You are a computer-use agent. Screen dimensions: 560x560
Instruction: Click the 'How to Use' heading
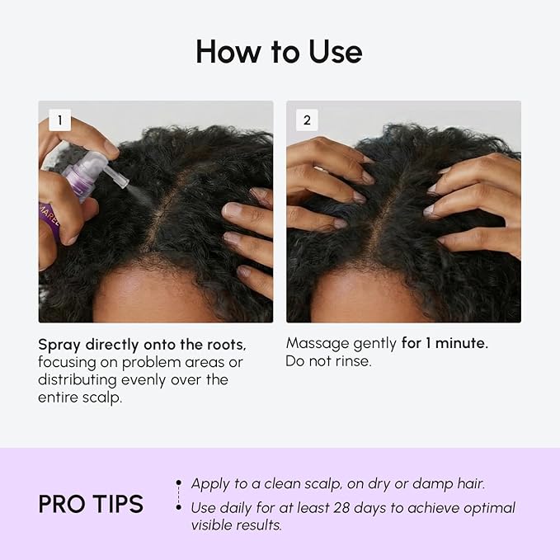click(x=279, y=52)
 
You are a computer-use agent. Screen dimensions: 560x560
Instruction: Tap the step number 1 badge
click(x=59, y=120)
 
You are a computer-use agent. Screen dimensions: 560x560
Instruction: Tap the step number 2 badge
click(x=307, y=120)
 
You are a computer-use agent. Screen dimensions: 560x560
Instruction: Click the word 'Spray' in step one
click(x=59, y=343)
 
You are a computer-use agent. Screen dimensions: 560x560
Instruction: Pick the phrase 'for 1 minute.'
click(x=445, y=343)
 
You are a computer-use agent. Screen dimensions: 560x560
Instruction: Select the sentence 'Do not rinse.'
click(x=328, y=361)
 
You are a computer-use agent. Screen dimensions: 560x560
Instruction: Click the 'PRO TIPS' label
click(x=91, y=504)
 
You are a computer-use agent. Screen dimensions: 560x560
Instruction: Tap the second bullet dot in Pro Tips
click(x=178, y=508)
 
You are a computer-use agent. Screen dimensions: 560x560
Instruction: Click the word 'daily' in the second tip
click(x=238, y=508)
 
